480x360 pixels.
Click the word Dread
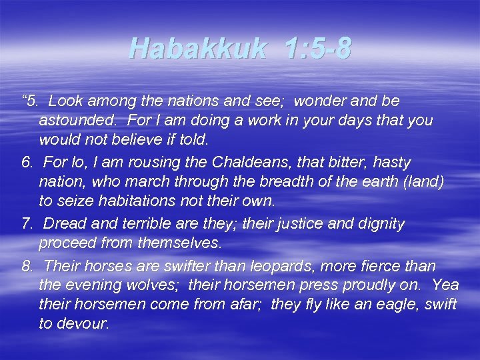click(x=65, y=223)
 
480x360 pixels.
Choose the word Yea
click(x=445, y=285)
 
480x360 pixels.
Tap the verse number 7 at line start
click(x=27, y=223)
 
